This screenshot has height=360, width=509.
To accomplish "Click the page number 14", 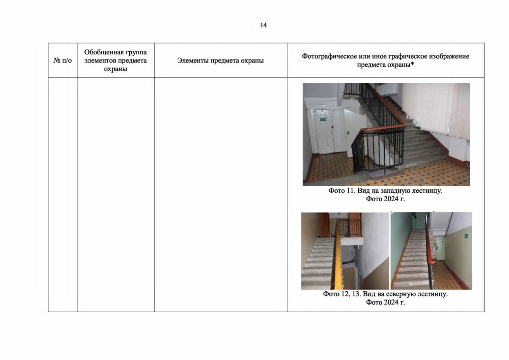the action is [x=264, y=25].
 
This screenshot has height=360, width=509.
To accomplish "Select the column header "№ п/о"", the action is [x=62, y=60].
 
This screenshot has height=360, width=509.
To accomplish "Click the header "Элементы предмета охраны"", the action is [x=220, y=60].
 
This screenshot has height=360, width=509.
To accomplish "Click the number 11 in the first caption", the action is [x=351, y=190].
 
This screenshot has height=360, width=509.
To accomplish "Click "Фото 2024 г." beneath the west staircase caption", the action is [x=385, y=199].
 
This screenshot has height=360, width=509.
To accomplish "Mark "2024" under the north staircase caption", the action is [x=391, y=302].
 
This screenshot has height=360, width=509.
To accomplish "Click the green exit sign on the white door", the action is [x=323, y=119].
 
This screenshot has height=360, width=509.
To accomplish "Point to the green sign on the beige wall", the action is [x=466, y=236].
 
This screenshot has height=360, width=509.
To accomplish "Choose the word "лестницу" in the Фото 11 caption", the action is [x=427, y=190].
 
